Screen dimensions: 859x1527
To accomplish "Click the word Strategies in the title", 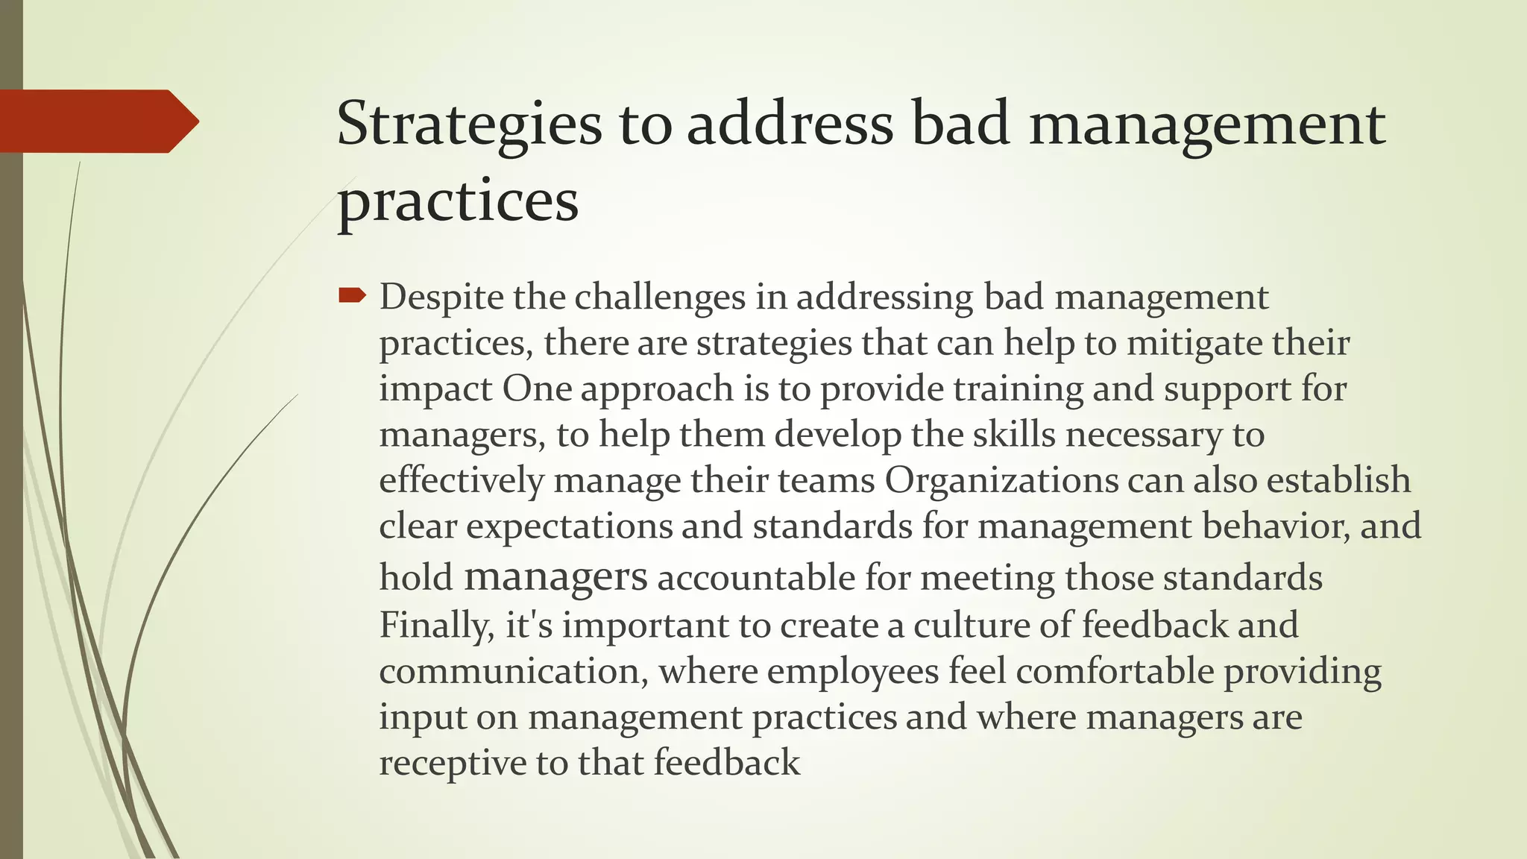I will pyautogui.click(x=469, y=125).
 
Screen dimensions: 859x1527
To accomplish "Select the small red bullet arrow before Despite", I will pyautogui.click(x=351, y=297).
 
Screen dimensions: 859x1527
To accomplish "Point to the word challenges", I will pyautogui.click(x=659, y=298).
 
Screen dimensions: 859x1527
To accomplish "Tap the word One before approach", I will pyautogui.click(x=536, y=388).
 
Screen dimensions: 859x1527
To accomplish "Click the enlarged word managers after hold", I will pyautogui.click(x=555, y=578).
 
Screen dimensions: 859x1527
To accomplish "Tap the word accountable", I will pyautogui.click(x=755, y=578).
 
